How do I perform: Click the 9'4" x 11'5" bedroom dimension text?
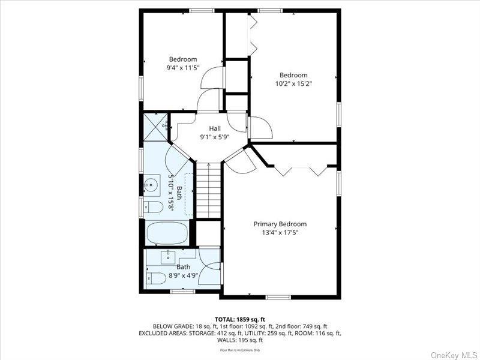183,68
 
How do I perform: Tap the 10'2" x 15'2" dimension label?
293,84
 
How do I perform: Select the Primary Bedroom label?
280,224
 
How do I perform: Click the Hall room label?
215,128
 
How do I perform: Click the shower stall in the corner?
156,127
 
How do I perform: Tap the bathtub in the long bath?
167,233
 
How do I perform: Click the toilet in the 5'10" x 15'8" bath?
154,208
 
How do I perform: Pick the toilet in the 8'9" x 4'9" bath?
155,278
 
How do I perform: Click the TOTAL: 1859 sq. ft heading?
239,319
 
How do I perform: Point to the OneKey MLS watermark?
454,353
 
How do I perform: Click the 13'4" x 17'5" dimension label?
280,233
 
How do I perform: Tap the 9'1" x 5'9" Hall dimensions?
215,137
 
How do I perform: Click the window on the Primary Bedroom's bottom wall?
278,297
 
